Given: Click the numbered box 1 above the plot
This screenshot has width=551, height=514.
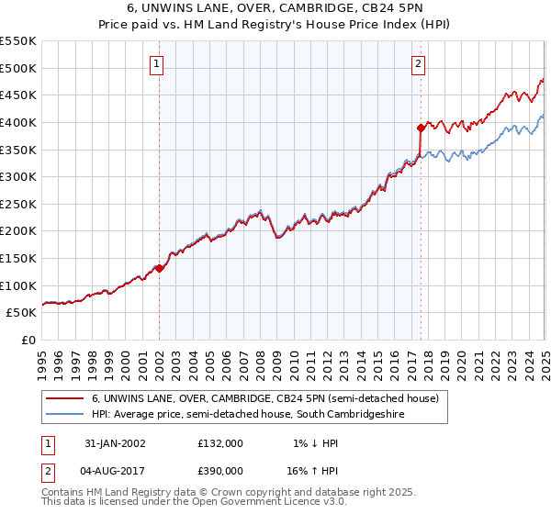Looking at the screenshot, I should tap(158, 64).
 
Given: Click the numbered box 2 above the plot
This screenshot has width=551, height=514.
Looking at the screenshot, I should tap(419, 64).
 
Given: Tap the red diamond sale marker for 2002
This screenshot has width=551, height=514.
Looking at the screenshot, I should tap(159, 269).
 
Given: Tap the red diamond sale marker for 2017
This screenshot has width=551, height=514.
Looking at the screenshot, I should tap(420, 128).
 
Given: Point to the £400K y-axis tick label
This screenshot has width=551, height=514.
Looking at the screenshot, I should tap(19, 122).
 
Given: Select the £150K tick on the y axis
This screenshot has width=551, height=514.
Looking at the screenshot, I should tap(19, 259).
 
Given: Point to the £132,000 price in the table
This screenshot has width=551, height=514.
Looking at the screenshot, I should tap(220, 443).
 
